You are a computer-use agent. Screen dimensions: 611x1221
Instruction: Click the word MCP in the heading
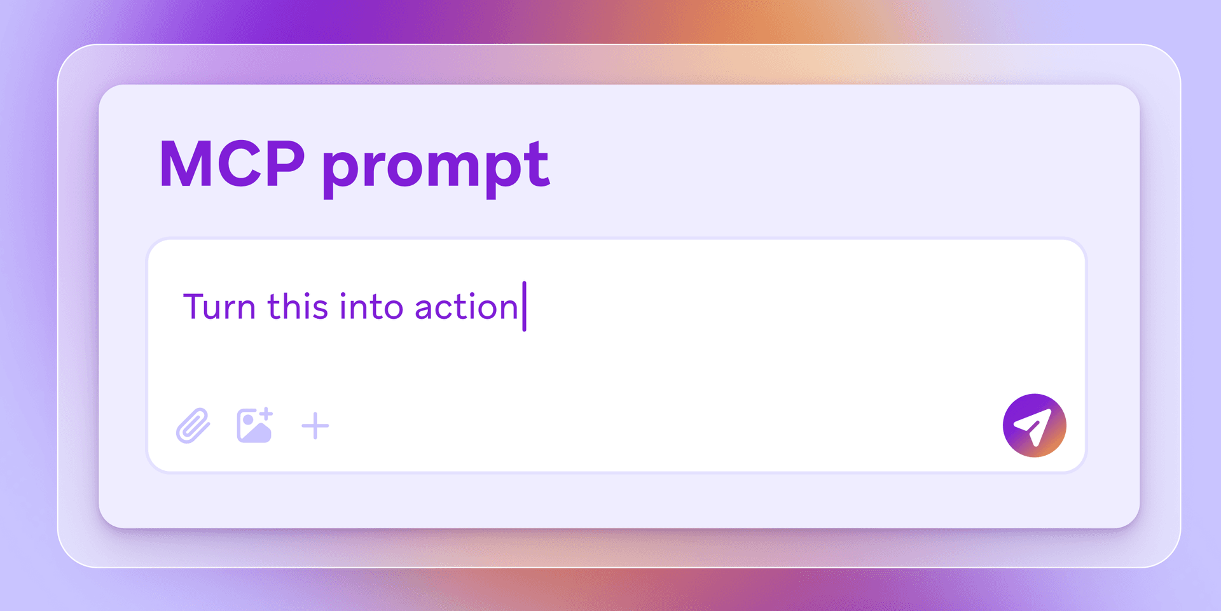click(232, 164)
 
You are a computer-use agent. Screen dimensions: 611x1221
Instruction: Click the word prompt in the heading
click(436, 167)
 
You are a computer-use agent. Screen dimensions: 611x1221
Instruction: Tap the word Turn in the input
click(219, 307)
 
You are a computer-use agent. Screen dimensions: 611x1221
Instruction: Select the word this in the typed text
click(298, 306)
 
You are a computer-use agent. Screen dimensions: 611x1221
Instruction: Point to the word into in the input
click(371, 306)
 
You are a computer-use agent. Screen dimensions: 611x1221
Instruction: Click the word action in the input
click(466, 307)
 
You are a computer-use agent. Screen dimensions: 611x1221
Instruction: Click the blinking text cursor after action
click(525, 306)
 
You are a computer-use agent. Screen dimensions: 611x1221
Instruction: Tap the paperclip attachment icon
click(193, 425)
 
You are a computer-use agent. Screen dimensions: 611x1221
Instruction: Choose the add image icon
click(254, 425)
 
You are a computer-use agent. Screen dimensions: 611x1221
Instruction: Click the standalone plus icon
click(315, 426)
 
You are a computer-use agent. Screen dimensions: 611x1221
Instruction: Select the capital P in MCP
click(284, 164)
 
